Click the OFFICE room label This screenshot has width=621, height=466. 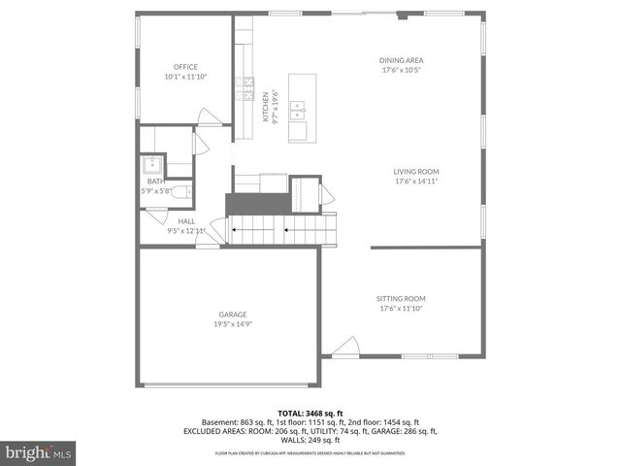pyautogui.click(x=185, y=67)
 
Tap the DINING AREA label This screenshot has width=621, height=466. pyautogui.click(x=401, y=60)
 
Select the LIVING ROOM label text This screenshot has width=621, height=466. pyautogui.click(x=415, y=171)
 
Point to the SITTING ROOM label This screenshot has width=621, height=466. pyautogui.click(x=401, y=298)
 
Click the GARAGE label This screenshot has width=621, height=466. pyautogui.click(x=232, y=314)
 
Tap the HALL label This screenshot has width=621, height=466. pyautogui.click(x=185, y=221)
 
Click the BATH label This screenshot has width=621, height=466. pyautogui.click(x=155, y=182)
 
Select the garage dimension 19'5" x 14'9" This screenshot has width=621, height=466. pyautogui.click(x=232, y=323)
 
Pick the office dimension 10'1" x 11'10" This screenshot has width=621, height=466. pyautogui.click(x=185, y=77)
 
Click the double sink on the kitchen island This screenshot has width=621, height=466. pyautogui.click(x=302, y=110)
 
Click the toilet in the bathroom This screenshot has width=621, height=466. pyautogui.click(x=180, y=192)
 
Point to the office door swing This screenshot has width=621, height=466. pyautogui.click(x=210, y=116)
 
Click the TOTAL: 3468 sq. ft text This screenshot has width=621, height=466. pyautogui.click(x=310, y=414)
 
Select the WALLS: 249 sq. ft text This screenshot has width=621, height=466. pyautogui.click(x=310, y=440)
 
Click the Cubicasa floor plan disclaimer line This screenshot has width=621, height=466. pyautogui.click(x=310, y=452)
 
